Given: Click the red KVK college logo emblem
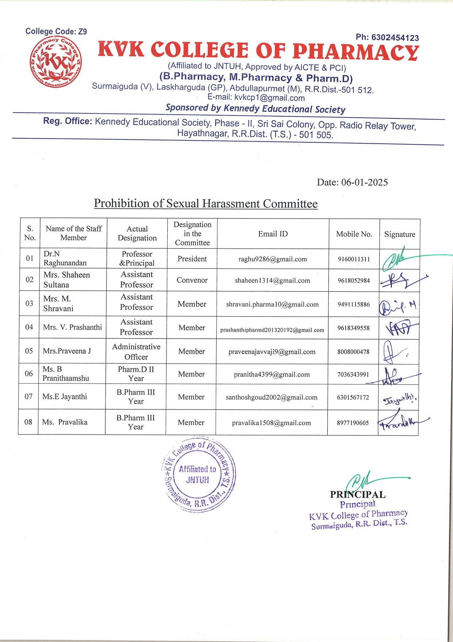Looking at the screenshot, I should click(x=56, y=61).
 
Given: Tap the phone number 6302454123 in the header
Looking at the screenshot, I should click(x=387, y=37).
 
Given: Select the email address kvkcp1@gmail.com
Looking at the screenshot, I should click(x=269, y=98).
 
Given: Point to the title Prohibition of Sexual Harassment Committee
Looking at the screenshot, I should click(x=206, y=203).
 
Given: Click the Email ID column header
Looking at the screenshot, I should click(x=273, y=234).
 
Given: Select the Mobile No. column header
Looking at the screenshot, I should click(x=354, y=234).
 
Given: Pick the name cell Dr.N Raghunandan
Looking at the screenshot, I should click(x=65, y=258).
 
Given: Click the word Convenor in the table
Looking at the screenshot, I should click(x=192, y=280).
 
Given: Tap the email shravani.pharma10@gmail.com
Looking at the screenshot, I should click(x=272, y=304).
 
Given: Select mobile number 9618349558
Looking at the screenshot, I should click(x=353, y=328).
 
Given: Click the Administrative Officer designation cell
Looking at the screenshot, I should click(x=136, y=351).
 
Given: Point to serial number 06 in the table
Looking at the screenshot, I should click(x=29, y=373).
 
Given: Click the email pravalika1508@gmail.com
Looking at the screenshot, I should click(x=271, y=423).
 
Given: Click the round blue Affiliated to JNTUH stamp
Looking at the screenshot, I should click(x=199, y=474).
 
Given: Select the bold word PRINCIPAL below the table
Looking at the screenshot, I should click(x=358, y=494).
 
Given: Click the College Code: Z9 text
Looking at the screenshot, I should click(x=56, y=31).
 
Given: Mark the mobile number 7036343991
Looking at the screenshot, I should click(x=353, y=374).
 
